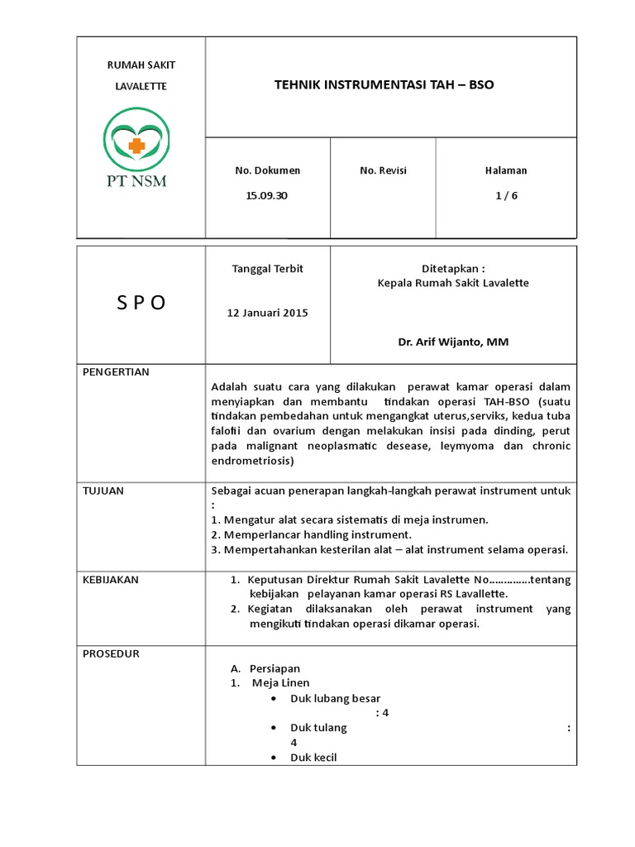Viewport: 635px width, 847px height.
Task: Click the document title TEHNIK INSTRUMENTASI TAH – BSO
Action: point(383,85)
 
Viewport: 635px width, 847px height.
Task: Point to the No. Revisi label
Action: point(383,170)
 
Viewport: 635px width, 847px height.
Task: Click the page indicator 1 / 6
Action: point(505,197)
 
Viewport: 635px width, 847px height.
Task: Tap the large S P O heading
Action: point(141,303)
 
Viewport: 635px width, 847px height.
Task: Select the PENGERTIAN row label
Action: point(117,372)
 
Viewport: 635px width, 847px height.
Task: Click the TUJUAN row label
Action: point(103,490)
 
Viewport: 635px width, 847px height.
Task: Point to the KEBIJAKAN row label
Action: point(111,580)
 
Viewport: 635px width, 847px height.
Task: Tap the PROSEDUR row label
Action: point(111,653)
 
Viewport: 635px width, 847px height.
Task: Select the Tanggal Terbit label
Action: point(267,269)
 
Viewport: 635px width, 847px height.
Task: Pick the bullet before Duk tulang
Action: point(274,728)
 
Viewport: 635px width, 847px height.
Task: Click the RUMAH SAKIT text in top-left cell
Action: point(141,65)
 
